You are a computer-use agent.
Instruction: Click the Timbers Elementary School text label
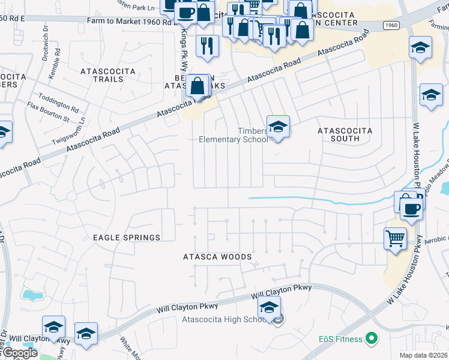(x=234, y=135)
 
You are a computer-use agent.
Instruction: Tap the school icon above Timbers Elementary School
(x=278, y=127)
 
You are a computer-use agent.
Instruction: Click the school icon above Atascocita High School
(x=270, y=308)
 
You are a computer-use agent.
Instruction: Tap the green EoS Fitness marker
(x=372, y=339)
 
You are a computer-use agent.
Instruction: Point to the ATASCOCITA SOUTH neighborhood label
(x=345, y=134)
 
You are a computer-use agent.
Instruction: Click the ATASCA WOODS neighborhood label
(x=217, y=257)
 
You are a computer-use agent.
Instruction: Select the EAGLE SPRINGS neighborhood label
(x=127, y=238)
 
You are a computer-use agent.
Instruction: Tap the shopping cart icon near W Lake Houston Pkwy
(x=396, y=238)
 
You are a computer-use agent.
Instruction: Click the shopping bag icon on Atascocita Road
(x=197, y=87)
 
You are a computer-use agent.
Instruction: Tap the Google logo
(x=19, y=353)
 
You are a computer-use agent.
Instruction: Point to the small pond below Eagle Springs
(x=29, y=295)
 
